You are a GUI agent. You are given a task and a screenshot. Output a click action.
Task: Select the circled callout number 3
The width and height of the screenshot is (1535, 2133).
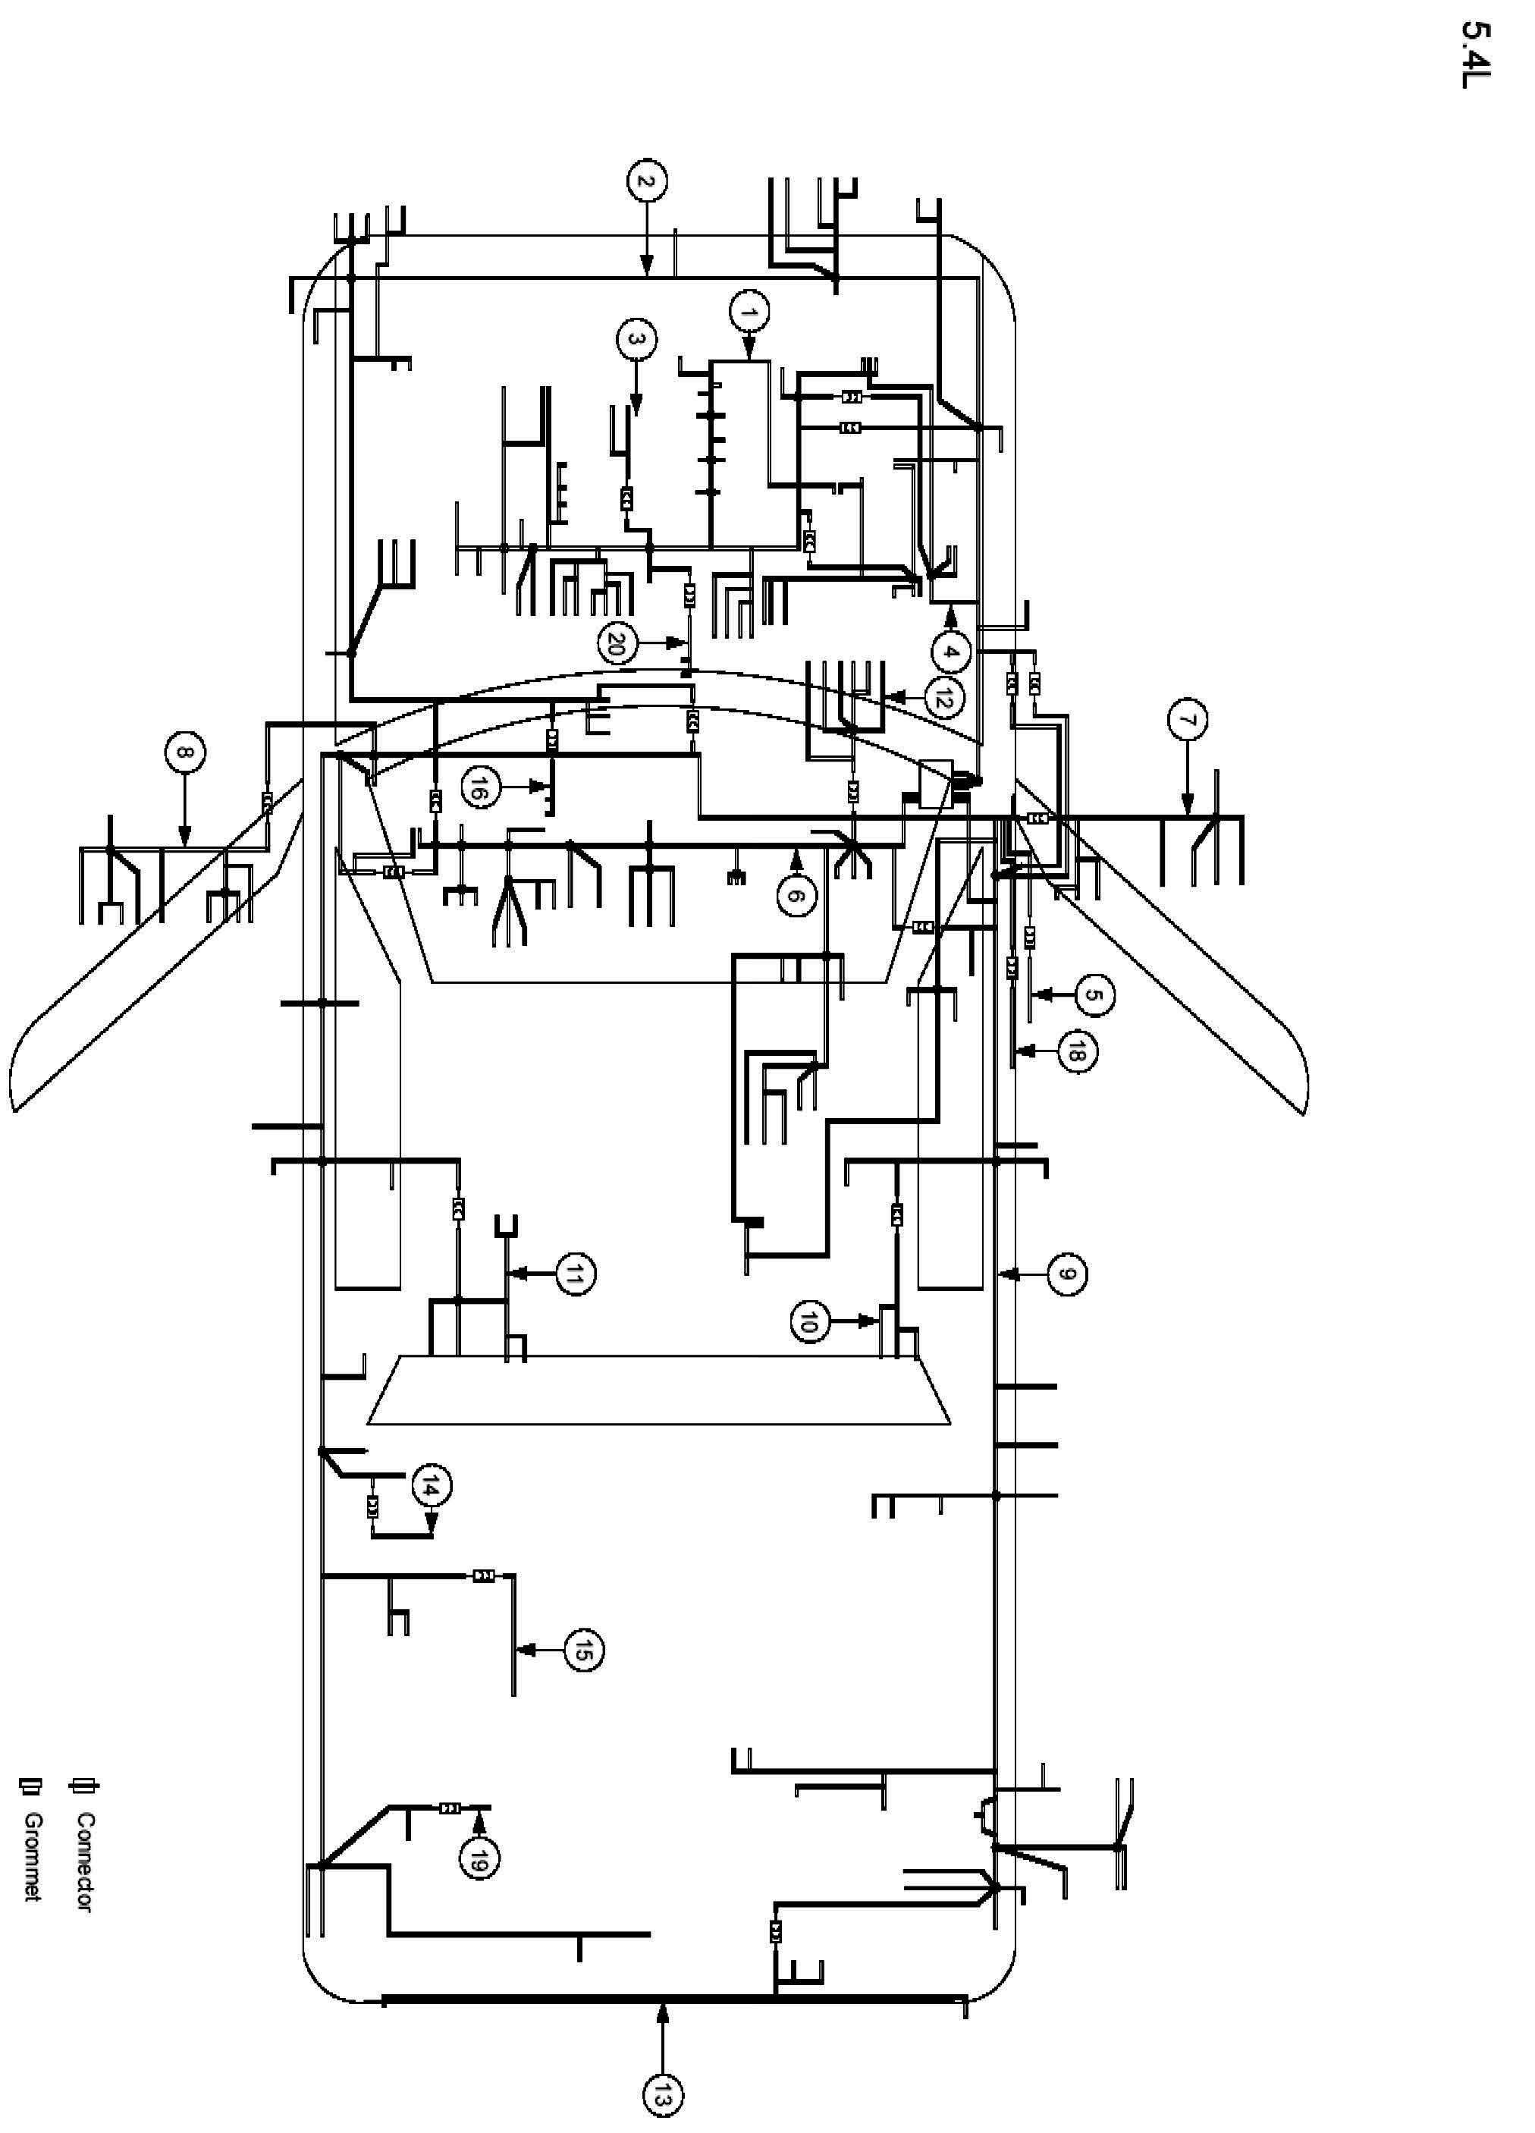637,341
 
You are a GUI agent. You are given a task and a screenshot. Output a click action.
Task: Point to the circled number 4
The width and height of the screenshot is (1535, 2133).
952,652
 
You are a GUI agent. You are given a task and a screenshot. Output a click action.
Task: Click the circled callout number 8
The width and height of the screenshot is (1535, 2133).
184,753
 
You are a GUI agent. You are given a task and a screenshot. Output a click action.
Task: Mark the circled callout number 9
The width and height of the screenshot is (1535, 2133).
1066,1275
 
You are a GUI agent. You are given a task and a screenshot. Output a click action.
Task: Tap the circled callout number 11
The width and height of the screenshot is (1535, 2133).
576,1275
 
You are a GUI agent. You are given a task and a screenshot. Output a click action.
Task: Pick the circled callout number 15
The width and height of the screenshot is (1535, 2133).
582,1651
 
